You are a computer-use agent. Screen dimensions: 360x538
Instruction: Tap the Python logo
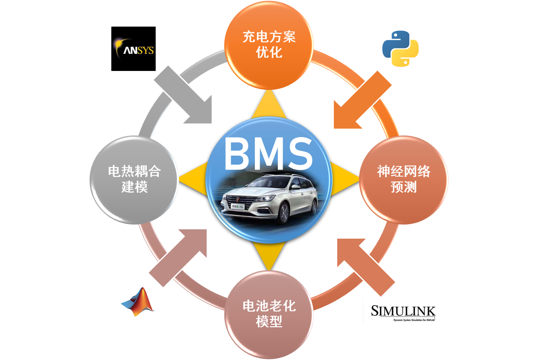tap(400, 48)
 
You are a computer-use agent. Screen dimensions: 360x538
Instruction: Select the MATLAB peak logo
tap(137, 302)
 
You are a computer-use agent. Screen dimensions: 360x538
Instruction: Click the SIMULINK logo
tap(400, 311)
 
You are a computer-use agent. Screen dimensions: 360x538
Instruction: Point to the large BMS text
tap(268, 155)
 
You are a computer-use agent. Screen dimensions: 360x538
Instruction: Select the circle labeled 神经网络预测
tap(403, 179)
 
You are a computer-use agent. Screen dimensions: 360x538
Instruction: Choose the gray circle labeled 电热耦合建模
tap(134, 179)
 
